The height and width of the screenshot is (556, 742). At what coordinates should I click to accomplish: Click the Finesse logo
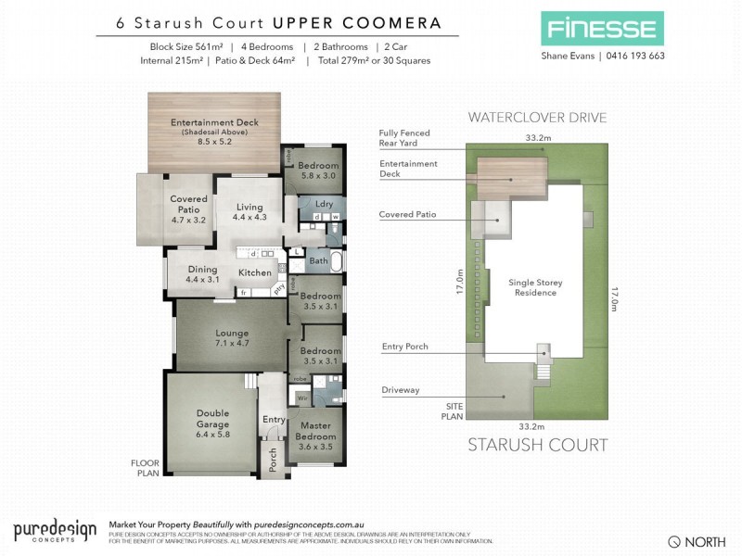click(x=603, y=28)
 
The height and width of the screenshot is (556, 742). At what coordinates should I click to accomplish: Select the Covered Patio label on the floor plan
click(x=188, y=209)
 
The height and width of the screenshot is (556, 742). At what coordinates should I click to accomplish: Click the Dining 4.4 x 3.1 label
click(x=201, y=274)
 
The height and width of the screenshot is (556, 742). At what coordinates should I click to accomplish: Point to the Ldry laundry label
click(x=324, y=204)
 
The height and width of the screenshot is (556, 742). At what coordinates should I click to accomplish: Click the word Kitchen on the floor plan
click(x=255, y=273)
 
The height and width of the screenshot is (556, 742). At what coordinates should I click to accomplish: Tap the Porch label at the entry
click(x=273, y=461)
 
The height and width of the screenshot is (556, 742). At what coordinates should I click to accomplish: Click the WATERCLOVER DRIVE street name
click(x=538, y=118)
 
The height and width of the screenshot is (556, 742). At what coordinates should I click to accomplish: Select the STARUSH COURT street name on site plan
click(x=538, y=445)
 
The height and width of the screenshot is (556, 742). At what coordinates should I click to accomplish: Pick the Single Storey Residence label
click(x=536, y=287)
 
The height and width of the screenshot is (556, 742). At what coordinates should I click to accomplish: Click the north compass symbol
click(x=675, y=540)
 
